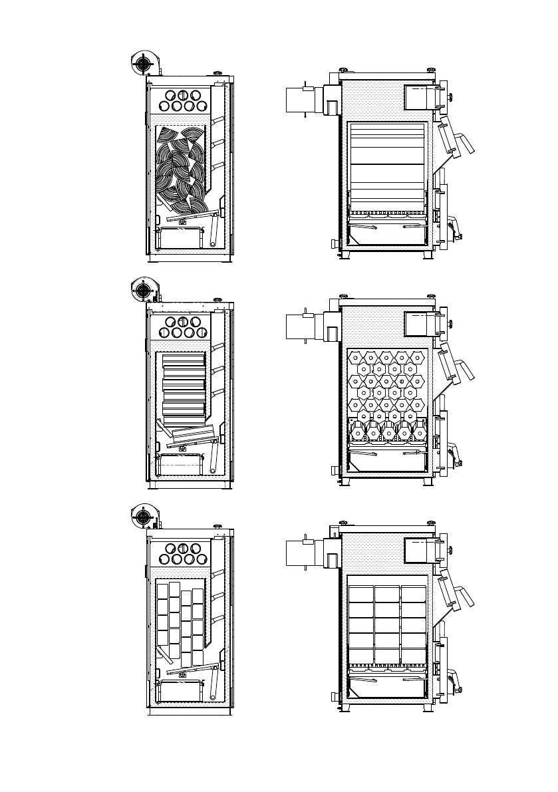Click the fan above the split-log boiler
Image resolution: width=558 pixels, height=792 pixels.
(142, 64)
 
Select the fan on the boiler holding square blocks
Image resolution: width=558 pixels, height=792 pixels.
(142, 517)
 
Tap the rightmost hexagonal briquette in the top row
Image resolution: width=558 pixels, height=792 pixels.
(417, 357)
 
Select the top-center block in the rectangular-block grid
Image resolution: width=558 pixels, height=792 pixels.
(386, 593)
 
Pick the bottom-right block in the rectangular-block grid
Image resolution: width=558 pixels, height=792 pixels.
(413, 657)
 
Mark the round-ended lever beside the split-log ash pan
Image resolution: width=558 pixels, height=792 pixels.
(213, 233)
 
